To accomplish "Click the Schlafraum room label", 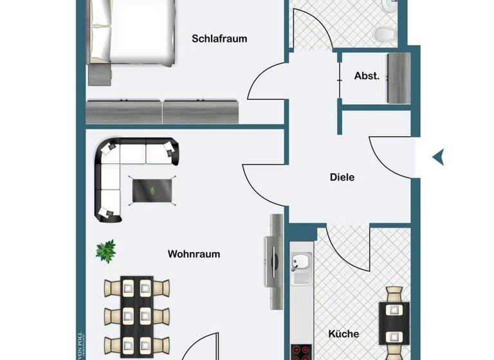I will click(219, 39).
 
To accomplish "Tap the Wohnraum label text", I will click(194, 254).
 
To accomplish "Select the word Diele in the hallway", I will click(342, 177).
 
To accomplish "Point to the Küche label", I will click(343, 334).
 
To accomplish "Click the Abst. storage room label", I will click(367, 76).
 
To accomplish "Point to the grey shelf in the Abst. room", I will click(399, 77).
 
